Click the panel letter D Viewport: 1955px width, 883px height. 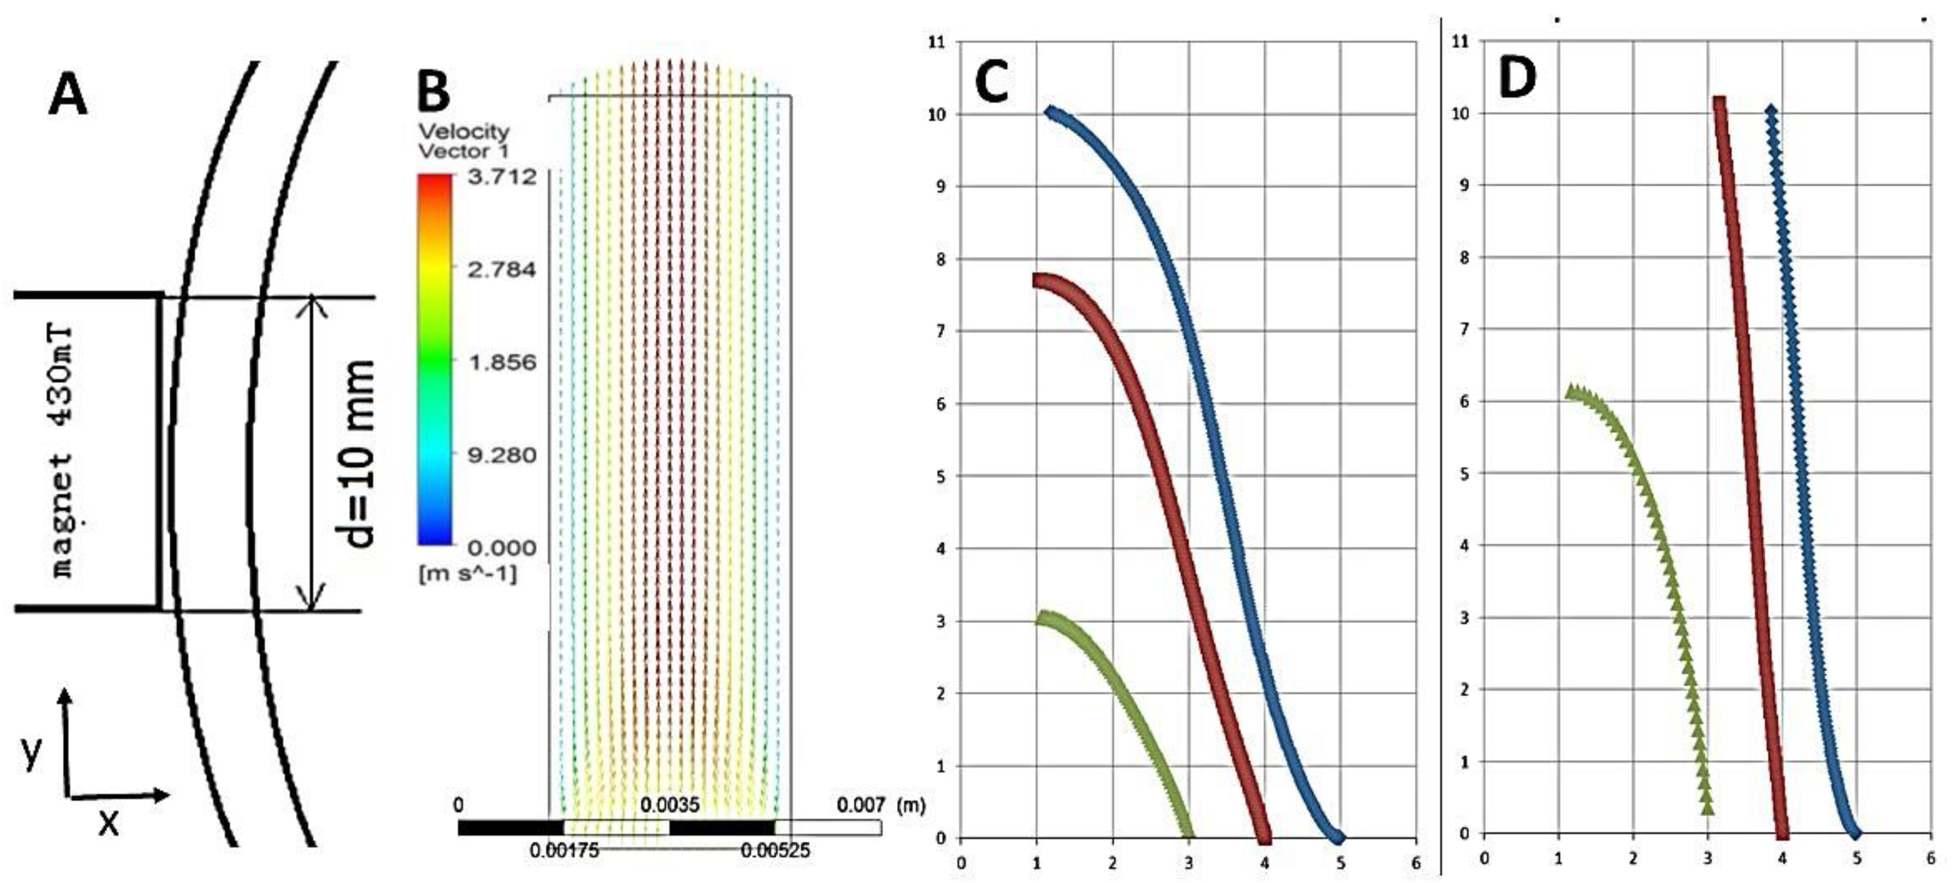[x=1517, y=79]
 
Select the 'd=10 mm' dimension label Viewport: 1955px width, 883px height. [x=355, y=453]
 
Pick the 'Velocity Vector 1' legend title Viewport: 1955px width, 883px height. [x=464, y=141]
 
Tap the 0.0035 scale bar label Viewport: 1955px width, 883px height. [x=669, y=804]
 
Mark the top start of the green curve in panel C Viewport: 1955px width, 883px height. [x=1044, y=618]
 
